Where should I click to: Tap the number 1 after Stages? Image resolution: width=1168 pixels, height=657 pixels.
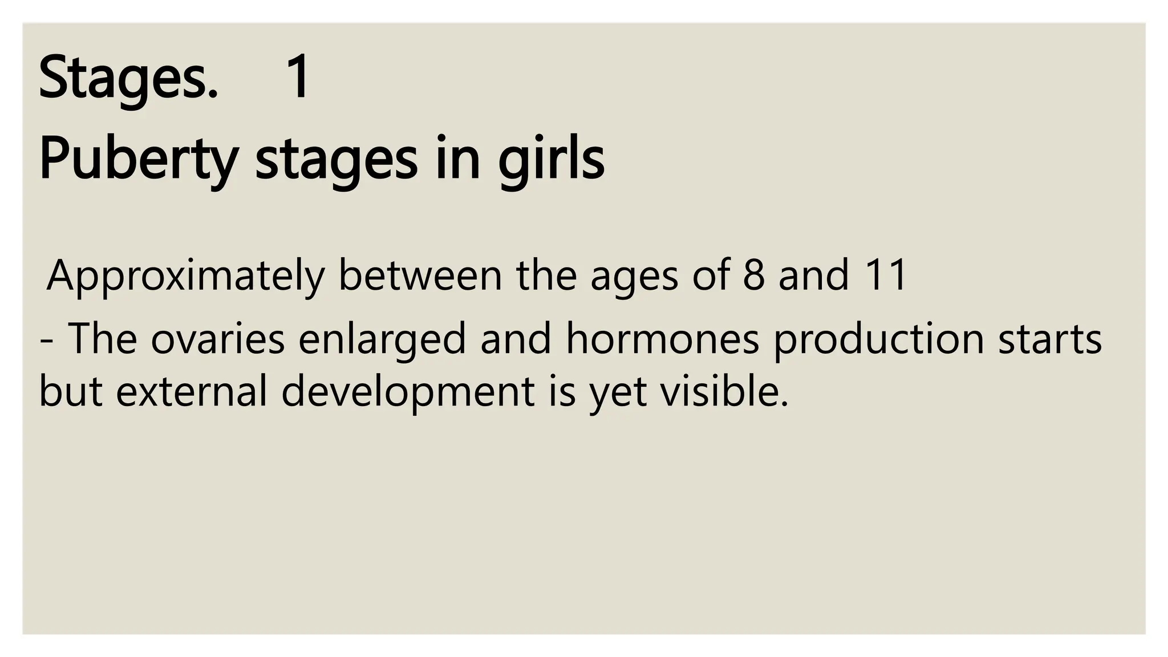pos(297,77)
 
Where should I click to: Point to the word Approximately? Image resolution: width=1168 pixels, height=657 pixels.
pos(185,276)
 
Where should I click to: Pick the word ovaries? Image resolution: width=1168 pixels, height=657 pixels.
pos(217,339)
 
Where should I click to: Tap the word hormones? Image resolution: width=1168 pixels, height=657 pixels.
pos(663,339)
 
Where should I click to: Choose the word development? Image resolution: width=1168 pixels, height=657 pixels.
pos(408,394)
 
